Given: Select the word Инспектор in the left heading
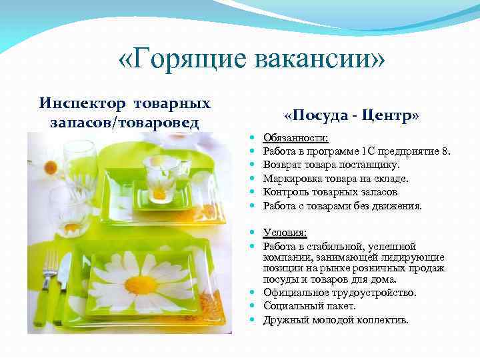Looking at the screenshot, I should pos(83,104).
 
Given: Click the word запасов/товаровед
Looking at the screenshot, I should pos(125,123).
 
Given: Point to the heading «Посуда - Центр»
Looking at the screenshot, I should pos(351,115).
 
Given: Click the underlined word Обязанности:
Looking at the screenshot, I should pos(295,138).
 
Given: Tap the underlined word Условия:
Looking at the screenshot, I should pos(285,233).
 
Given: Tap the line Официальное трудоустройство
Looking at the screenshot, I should pos(339,293).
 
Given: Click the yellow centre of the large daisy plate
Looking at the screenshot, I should pos(141,285).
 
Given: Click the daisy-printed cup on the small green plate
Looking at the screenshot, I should pos(160,178).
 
